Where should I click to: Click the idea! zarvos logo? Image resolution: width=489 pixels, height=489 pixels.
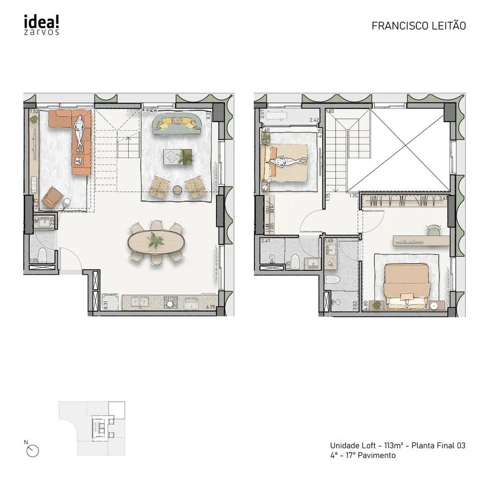point(42,24)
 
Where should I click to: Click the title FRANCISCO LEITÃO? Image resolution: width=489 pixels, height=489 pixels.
point(418,26)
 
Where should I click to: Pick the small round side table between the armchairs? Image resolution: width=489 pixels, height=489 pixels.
point(177,189)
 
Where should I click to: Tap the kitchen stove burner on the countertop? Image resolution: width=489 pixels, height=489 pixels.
point(170,302)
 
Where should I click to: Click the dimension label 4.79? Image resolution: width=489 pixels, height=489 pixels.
point(211,307)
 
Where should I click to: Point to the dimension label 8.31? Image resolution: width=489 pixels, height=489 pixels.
point(106,305)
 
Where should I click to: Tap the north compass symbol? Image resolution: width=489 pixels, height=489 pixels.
point(33,449)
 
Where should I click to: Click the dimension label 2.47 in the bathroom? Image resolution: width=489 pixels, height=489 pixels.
point(266,240)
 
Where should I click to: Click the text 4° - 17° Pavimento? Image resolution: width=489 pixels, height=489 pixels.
point(363,456)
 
